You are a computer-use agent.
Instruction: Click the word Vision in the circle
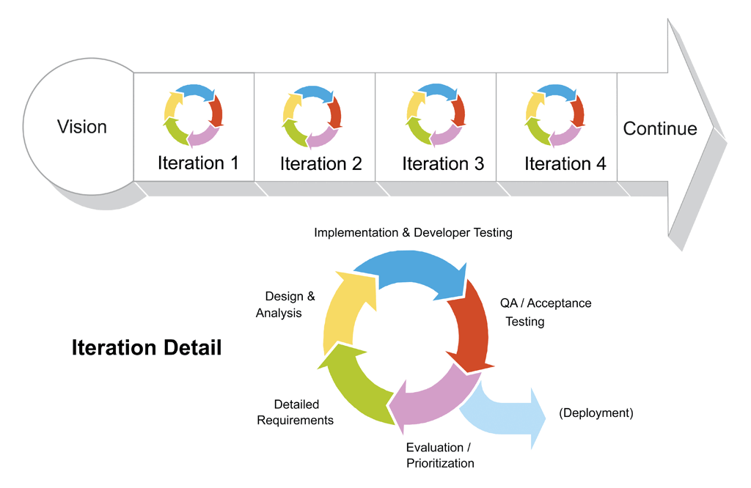82,127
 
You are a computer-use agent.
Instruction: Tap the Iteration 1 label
198,163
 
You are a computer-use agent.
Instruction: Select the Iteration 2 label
320,163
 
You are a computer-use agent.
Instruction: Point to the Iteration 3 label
443,163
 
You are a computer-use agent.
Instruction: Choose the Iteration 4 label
565,163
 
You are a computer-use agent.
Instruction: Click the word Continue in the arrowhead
660,129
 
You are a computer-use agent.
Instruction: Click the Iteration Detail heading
147,347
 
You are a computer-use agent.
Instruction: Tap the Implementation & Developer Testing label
413,233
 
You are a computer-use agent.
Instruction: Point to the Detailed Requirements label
296,412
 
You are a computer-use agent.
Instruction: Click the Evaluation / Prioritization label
440,455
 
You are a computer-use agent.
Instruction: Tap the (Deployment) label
596,413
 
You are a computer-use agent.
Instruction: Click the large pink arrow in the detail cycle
433,403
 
